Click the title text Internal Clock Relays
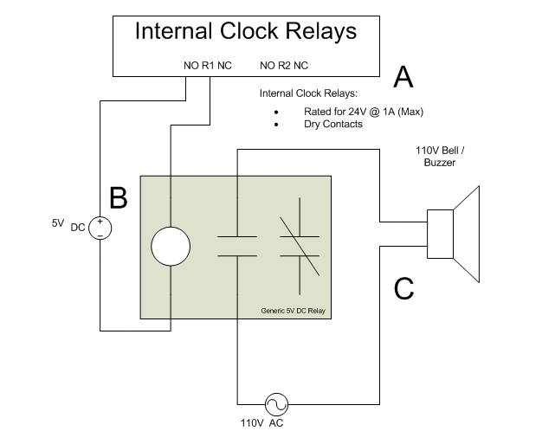pyautogui.click(x=246, y=32)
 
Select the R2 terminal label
pyautogui.click(x=283, y=65)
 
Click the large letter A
pyautogui.click(x=403, y=78)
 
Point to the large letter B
pyautogui.click(x=119, y=198)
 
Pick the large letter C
pyautogui.click(x=403, y=288)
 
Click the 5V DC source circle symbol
pyautogui.click(x=100, y=228)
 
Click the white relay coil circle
pyautogui.click(x=170, y=246)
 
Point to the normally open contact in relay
pyautogui.click(x=236, y=246)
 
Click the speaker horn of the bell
pyautogui.click(x=467, y=234)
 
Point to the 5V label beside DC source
pyautogui.click(x=58, y=222)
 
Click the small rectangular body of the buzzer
pyautogui.click(x=441, y=234)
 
